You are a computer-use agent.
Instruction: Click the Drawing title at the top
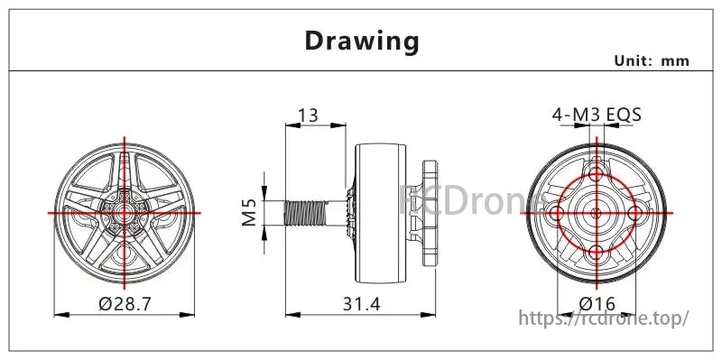point(362,41)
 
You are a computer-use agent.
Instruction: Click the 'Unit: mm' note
point(652,60)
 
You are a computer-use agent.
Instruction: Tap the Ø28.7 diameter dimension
point(125,304)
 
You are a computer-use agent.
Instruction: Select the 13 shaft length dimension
point(307,115)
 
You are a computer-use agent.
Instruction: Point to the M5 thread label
point(251,213)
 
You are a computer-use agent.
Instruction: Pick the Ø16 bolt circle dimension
point(597,304)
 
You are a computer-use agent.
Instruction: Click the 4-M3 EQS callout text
point(597,115)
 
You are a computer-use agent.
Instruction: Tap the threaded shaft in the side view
point(305,213)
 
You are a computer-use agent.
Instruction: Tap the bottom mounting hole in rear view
point(596,252)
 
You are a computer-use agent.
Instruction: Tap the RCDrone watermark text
point(469,200)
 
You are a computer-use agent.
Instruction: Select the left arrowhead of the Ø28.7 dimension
point(60,314)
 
